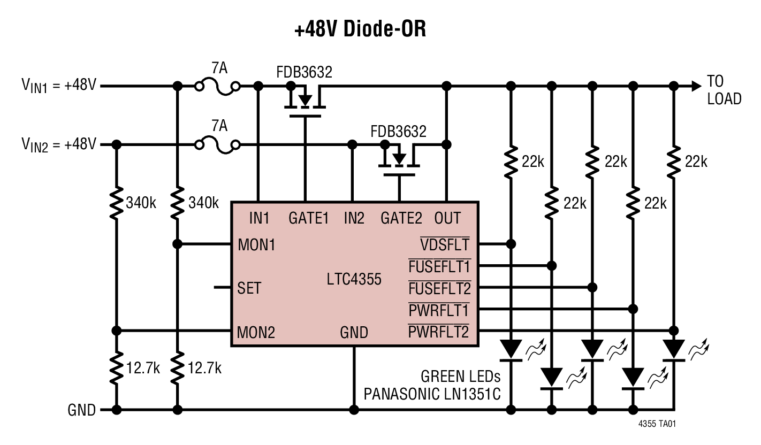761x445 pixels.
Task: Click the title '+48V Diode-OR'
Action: pyautogui.click(x=360, y=29)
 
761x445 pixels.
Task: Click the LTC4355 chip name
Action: pyautogui.click(x=354, y=279)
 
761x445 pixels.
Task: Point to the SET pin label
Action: pyautogui.click(x=249, y=288)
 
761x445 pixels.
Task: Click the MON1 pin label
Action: pyautogui.click(x=256, y=245)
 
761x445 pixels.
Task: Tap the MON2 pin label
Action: pyautogui.click(x=256, y=332)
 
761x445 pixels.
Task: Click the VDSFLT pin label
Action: pyautogui.click(x=444, y=245)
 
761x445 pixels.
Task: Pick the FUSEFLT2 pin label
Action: pyautogui.click(x=439, y=288)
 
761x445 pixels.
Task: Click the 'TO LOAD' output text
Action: pyautogui.click(x=724, y=90)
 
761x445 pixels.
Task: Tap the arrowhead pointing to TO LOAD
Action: pyautogui.click(x=696, y=86)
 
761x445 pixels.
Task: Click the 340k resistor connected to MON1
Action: pyautogui.click(x=177, y=203)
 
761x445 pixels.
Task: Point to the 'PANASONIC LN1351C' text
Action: pyautogui.click(x=432, y=394)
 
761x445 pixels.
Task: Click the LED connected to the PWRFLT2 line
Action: pyautogui.click(x=673, y=350)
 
